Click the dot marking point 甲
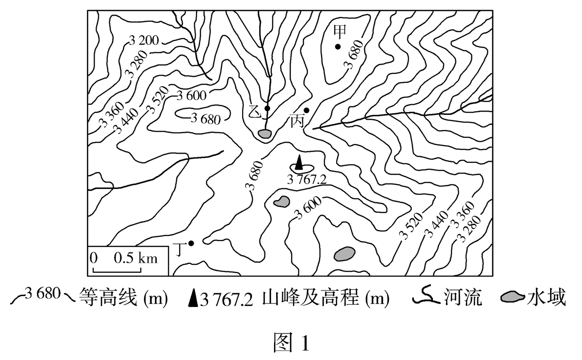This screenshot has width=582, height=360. point(338,47)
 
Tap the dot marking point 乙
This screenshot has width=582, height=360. point(267,108)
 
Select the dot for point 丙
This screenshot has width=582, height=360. point(306,110)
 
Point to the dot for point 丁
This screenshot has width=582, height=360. point(191,243)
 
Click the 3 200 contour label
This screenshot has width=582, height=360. point(144,40)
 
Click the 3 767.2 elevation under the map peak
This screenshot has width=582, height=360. point(306,179)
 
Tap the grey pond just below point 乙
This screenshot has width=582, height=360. point(264,134)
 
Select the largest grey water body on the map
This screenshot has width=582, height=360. point(344,254)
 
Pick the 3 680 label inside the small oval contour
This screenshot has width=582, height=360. point(206,119)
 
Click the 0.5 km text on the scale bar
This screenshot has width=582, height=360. point(135,258)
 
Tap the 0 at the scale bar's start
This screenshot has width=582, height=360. point(94,258)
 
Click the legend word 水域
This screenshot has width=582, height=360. point(546,298)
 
